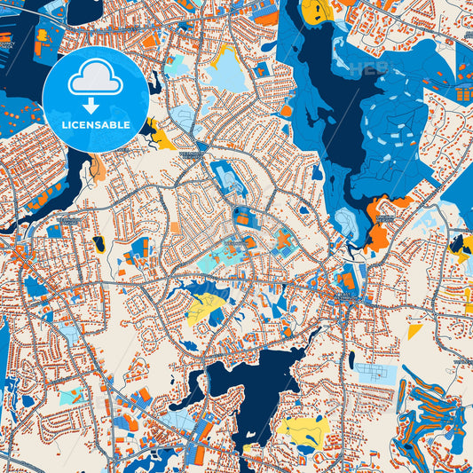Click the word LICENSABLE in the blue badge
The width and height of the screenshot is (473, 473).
[x=97, y=125]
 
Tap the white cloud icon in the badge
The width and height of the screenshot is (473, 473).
[x=96, y=81]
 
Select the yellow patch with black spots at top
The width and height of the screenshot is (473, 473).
[x=316, y=11]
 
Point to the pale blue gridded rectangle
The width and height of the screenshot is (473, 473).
[x=376, y=374]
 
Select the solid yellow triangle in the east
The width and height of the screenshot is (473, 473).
[x=414, y=331]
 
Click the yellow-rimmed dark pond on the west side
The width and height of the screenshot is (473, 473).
[x=99, y=243]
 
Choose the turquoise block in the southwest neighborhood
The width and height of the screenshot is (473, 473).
[x=71, y=396]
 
